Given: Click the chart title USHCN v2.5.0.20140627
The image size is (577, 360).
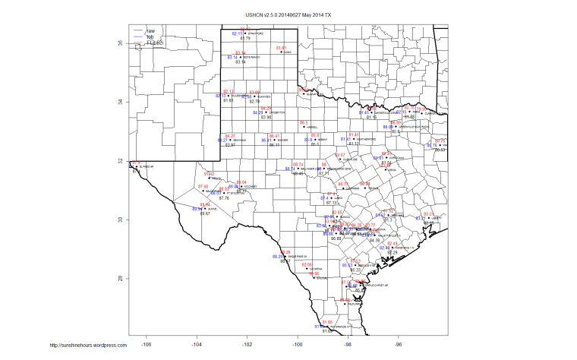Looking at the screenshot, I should click(288, 15).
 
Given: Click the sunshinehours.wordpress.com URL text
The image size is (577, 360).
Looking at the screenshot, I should click(87, 346).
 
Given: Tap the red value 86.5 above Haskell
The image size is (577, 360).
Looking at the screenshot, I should click(304, 122).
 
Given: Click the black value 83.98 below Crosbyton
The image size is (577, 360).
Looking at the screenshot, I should click(266, 118).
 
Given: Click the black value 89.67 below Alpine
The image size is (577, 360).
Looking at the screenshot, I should click(205, 214).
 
